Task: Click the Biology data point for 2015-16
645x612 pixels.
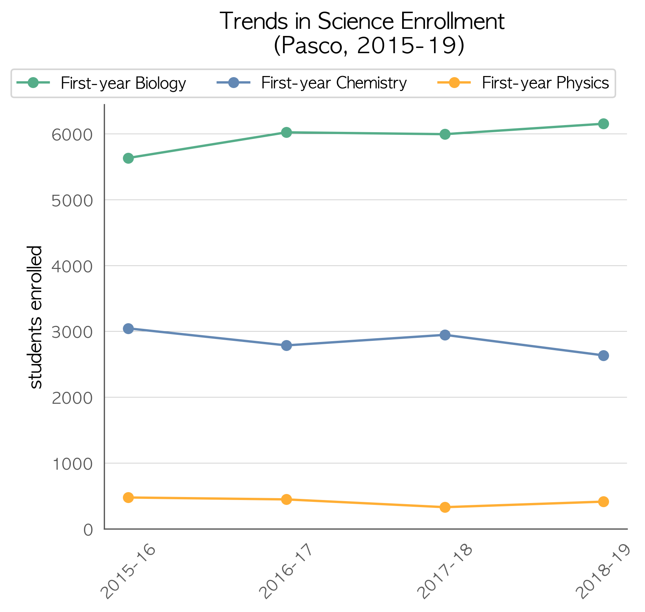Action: pyautogui.click(x=128, y=158)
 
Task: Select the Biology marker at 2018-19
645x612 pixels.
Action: pyautogui.click(x=603, y=124)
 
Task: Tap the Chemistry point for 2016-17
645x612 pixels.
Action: pyautogui.click(x=286, y=345)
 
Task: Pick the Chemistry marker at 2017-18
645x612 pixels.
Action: pyautogui.click(x=445, y=335)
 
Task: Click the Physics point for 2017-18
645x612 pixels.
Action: pyautogui.click(x=445, y=507)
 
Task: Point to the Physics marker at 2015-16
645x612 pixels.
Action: pyautogui.click(x=128, y=497)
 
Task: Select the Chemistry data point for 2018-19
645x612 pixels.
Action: pyautogui.click(x=603, y=355)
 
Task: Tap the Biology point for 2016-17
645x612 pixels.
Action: pyautogui.click(x=286, y=132)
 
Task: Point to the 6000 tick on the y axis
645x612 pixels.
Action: pyautogui.click(x=72, y=134)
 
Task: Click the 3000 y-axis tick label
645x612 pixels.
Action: pyautogui.click(x=72, y=332)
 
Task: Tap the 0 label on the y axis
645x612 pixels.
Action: pyautogui.click(x=88, y=530)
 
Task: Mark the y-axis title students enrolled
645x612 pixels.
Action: pyautogui.click(x=36, y=317)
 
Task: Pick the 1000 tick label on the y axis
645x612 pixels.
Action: pyautogui.click(x=72, y=464)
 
